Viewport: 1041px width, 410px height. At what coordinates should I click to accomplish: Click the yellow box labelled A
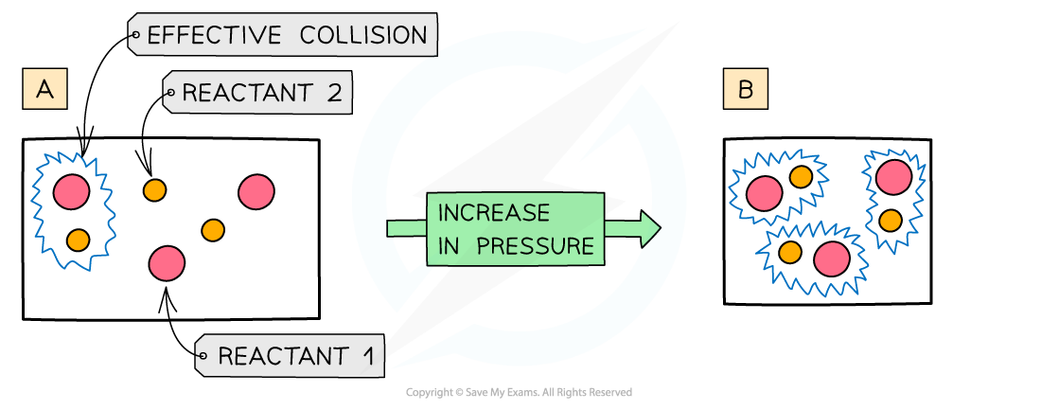coord(44,90)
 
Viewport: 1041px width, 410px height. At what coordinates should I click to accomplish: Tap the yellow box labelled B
coord(745,90)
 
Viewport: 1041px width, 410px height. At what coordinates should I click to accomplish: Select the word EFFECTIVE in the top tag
coord(214,36)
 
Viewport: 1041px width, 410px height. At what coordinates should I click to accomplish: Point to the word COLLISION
coord(363,36)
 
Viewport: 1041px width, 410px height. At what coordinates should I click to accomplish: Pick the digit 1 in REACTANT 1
coord(368,357)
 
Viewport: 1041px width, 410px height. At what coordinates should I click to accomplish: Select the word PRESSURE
coord(536,246)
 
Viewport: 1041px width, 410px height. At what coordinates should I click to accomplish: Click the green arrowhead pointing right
coord(648,229)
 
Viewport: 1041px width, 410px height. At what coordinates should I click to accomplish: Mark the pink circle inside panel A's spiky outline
coord(71,192)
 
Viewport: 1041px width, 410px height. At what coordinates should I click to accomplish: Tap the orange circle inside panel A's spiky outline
coord(78,240)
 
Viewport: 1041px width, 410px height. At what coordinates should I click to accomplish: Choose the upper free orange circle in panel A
coord(154,190)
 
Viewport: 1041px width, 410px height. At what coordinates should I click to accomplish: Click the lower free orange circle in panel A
coord(213,230)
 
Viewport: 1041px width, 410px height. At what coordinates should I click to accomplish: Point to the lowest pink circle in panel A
coord(167,262)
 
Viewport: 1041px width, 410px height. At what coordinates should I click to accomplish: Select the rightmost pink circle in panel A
coord(256,192)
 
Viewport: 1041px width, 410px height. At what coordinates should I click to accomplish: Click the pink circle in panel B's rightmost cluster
coord(892,177)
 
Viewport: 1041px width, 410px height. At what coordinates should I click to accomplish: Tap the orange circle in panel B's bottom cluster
coord(789,253)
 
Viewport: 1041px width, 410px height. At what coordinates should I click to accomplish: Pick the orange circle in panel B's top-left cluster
coord(801,177)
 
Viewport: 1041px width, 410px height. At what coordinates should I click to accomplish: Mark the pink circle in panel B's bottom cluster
coord(832,258)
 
